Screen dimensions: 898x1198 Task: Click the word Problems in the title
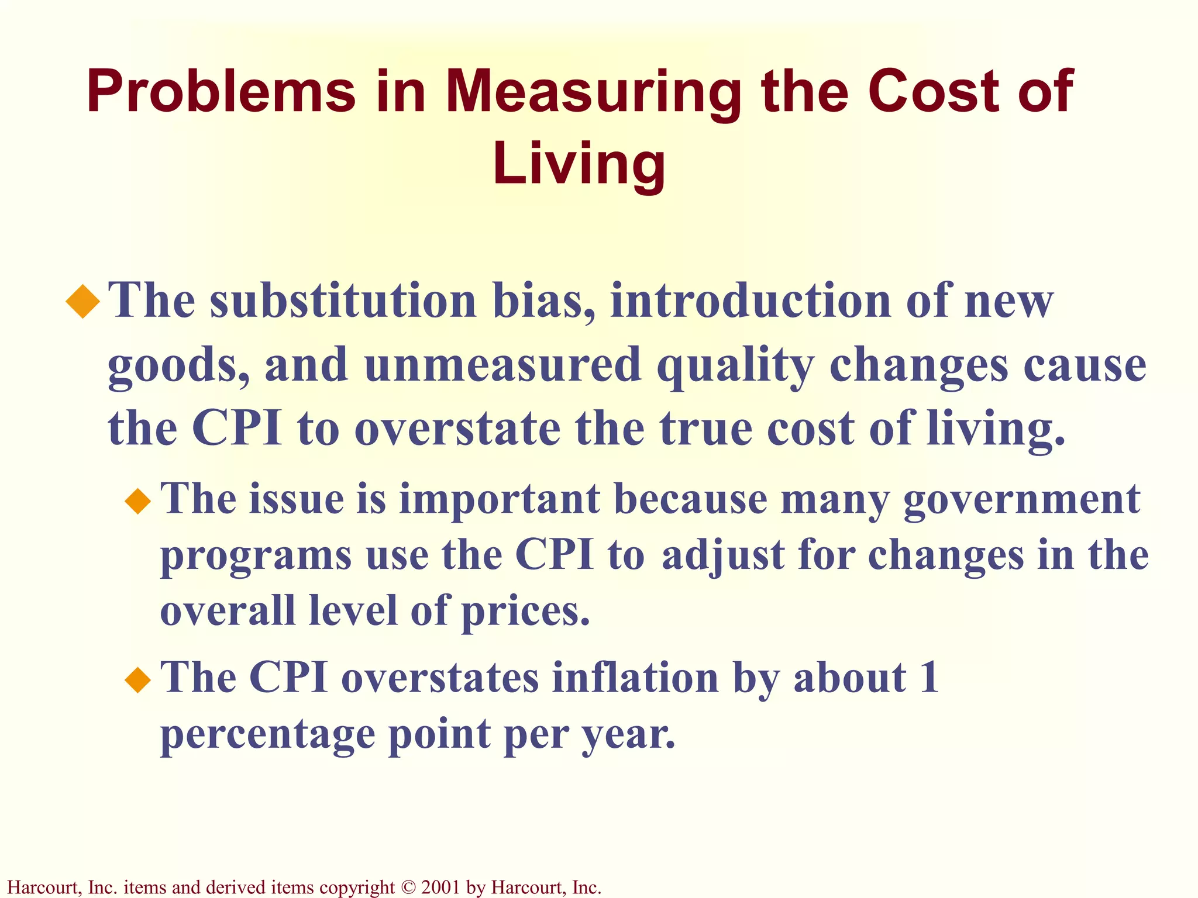coord(221,92)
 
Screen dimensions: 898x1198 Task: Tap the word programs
coord(256,557)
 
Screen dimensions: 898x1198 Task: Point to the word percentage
coord(267,735)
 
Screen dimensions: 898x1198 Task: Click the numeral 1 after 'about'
coord(928,678)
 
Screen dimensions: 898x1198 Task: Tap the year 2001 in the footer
coord(440,887)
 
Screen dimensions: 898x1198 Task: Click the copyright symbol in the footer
coord(408,887)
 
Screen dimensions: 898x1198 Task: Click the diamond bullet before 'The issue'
coord(138,501)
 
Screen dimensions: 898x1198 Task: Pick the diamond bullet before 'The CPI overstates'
coord(138,679)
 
